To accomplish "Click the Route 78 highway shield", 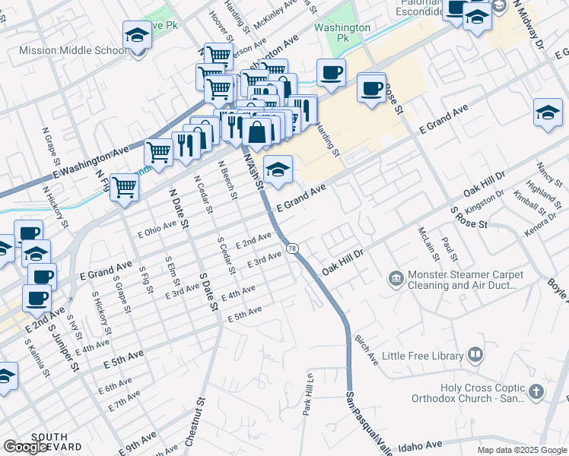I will [x=293, y=249].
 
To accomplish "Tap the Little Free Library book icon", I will [x=475, y=355].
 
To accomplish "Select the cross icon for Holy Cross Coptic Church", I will [x=536, y=392].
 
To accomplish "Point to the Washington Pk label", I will [x=342, y=32].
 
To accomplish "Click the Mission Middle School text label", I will [x=73, y=51].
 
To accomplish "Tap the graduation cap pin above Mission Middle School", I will [x=137, y=36].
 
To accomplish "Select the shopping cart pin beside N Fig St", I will [x=124, y=186].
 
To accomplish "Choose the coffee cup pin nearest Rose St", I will [x=371, y=88].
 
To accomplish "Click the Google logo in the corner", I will [x=26, y=447].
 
